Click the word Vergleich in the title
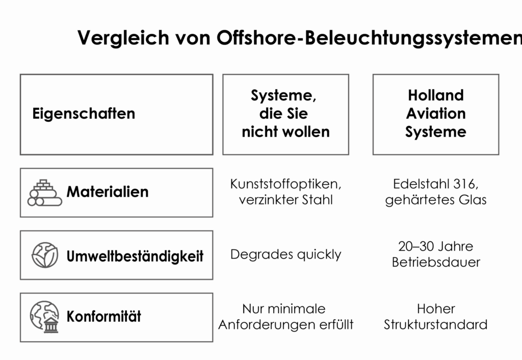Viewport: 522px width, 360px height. pos(123,38)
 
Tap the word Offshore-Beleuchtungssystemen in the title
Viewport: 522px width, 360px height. pos(369,38)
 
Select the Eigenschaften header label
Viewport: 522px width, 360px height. pos(84,114)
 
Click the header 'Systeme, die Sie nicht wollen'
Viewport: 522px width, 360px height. pos(285,114)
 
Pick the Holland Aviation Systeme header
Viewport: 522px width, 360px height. pos(436,114)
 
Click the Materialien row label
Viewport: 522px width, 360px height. pos(108,192)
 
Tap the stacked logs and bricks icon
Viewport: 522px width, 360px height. pos(45,193)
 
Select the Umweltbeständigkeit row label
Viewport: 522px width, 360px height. pos(135,256)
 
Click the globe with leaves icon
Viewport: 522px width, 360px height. pos(45,255)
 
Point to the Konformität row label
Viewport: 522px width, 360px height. pos(104,316)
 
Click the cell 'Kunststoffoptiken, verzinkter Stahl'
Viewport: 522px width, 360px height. pos(285,192)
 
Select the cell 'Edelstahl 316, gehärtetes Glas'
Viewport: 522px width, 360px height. pos(436,192)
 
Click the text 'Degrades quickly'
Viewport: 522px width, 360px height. pos(285,255)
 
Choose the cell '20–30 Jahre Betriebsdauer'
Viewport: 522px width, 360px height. pos(436,254)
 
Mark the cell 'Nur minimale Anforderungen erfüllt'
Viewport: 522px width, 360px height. pos(285,317)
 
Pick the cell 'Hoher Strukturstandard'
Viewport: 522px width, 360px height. pos(436,317)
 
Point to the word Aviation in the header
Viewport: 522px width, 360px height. pos(436,114)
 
